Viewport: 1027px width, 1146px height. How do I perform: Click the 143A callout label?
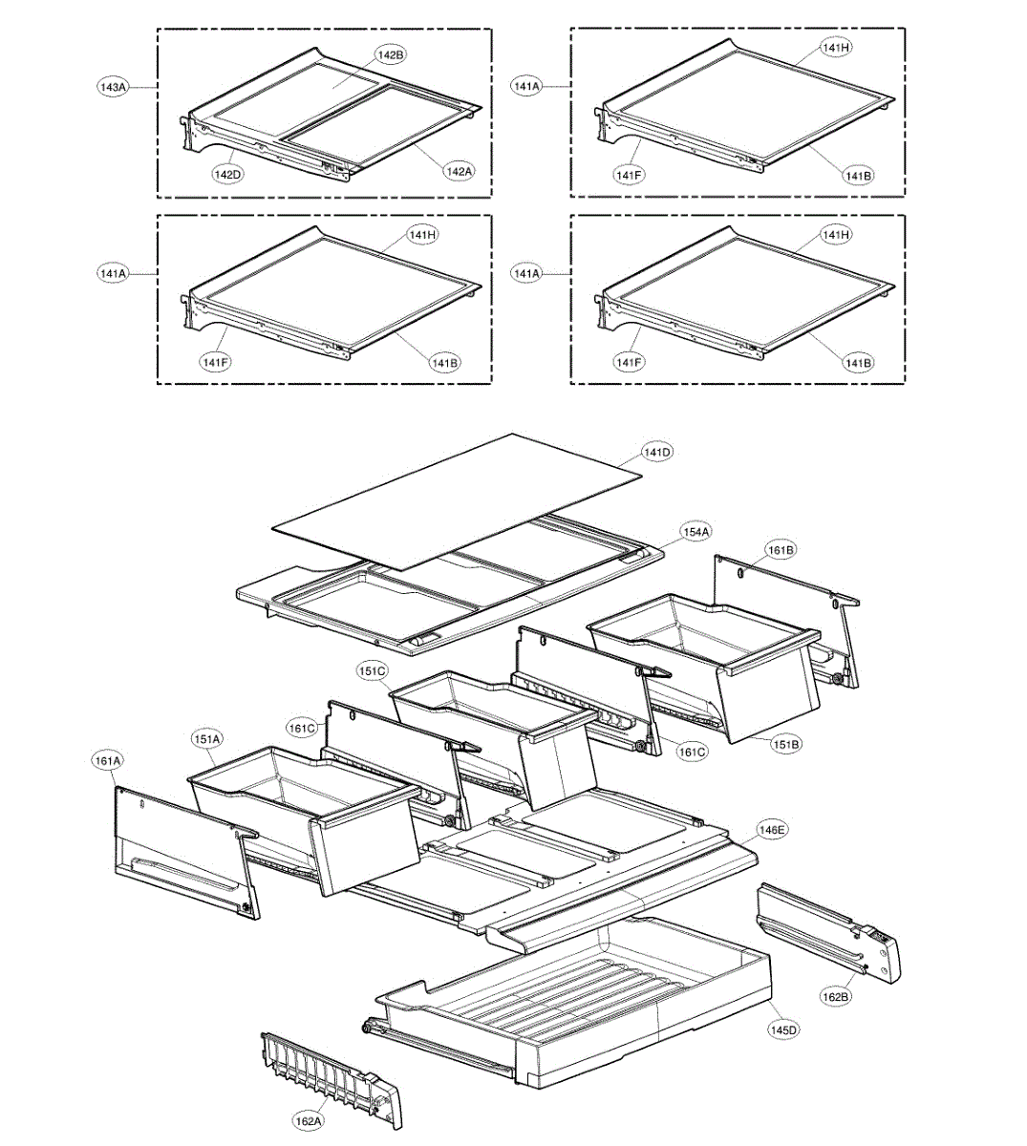pyautogui.click(x=113, y=87)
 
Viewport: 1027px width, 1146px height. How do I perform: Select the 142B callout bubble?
pyautogui.click(x=390, y=55)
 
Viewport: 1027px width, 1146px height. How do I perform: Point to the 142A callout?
pyautogui.click(x=458, y=171)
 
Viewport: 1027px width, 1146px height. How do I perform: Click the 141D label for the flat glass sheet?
pyautogui.click(x=656, y=451)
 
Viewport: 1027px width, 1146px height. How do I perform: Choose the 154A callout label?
pyautogui.click(x=695, y=531)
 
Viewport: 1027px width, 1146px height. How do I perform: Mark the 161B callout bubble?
pyautogui.click(x=781, y=550)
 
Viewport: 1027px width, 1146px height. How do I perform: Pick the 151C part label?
pyautogui.click(x=372, y=671)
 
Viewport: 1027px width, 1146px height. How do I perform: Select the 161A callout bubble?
pyautogui.click(x=107, y=761)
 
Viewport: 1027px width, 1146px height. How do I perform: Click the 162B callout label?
pyautogui.click(x=835, y=997)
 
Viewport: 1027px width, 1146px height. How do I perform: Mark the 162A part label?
pyautogui.click(x=308, y=1121)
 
